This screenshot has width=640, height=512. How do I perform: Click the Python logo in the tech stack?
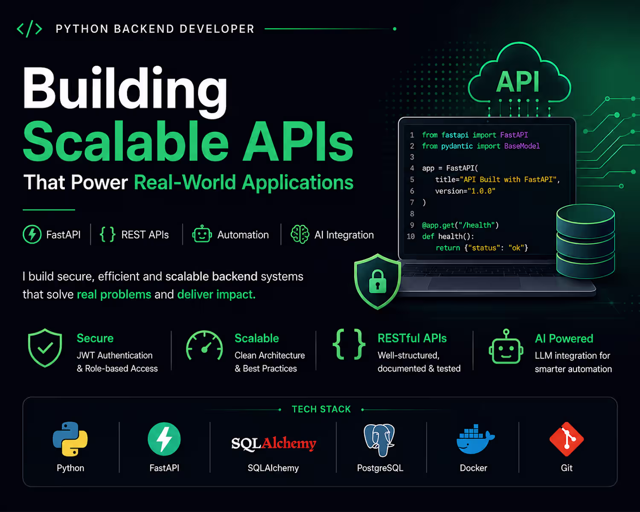[x=70, y=439]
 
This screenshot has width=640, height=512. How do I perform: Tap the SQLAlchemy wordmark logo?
[x=273, y=444]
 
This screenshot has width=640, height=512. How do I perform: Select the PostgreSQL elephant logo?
[x=379, y=440]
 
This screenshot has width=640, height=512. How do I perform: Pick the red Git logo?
[x=567, y=439]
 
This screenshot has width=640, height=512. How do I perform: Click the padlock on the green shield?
[x=378, y=282]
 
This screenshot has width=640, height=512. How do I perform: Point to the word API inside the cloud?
[x=518, y=82]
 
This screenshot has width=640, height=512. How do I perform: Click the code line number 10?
[x=411, y=236]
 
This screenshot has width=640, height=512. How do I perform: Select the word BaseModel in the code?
[x=522, y=146]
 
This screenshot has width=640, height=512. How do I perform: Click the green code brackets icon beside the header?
[x=29, y=29]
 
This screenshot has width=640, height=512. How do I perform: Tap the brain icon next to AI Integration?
[x=300, y=234]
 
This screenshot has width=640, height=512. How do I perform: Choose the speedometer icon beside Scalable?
[x=204, y=346]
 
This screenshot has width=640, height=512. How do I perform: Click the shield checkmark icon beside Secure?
[x=45, y=348]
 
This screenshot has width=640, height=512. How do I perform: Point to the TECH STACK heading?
[x=321, y=409]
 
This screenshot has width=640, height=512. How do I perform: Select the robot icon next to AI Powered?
[x=506, y=346]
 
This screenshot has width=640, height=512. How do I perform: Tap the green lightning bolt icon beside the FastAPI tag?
[x=32, y=234]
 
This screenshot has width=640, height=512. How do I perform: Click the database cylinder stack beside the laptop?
[x=585, y=241]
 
